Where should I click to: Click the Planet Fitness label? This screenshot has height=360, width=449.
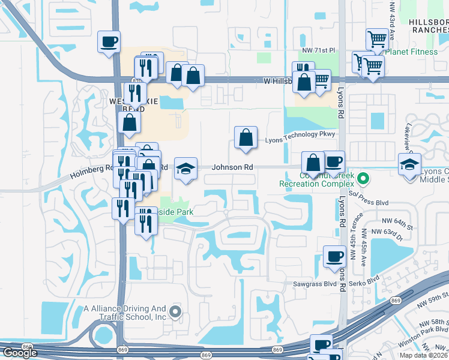tap(414, 52)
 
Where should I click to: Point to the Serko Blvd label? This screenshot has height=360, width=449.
tap(366, 280)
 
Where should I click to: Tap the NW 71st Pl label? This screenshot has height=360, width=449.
tap(318, 51)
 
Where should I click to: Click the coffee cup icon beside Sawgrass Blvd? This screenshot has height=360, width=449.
tap(334, 257)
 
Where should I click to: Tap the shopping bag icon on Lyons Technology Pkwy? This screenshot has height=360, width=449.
tap(246, 137)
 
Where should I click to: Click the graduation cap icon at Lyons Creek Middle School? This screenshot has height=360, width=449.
tap(409, 164)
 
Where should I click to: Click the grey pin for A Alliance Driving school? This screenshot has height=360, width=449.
tap(175, 311)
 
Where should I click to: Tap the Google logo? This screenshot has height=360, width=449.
tap(20, 353)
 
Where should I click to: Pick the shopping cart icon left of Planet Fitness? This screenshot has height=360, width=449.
tap(377, 40)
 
